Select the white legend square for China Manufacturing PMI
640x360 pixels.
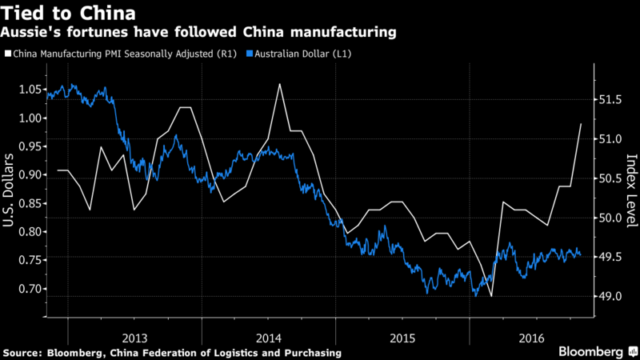[7, 54]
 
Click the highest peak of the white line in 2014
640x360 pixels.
[280, 83]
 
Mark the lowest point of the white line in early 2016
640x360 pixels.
[490, 296]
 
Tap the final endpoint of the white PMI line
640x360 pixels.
[580, 124]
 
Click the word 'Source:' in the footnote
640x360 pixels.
[24, 352]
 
